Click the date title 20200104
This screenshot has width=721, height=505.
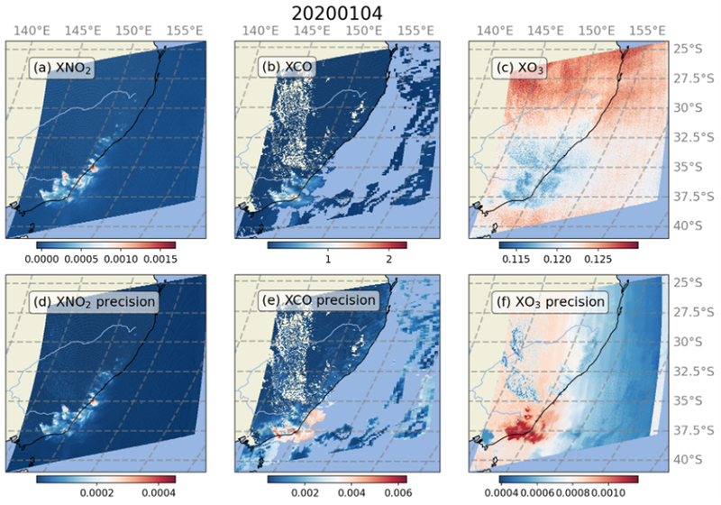tap(360, 12)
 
